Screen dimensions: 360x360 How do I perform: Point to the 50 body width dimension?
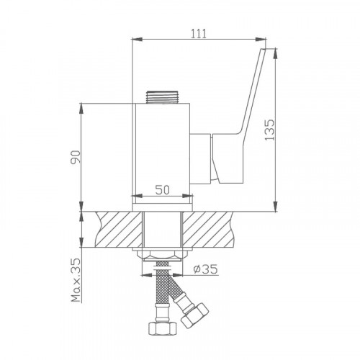point(163,190)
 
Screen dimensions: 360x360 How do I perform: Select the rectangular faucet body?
point(163,151)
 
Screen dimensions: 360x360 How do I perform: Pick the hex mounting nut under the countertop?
point(164,256)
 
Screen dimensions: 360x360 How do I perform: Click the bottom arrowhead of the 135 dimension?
point(277,209)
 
